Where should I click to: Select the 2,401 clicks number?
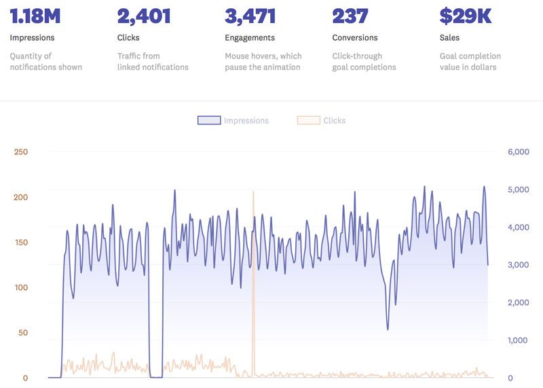[x=145, y=16]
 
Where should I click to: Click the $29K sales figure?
[x=465, y=16]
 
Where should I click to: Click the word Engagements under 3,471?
[x=250, y=38]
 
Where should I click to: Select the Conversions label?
[x=355, y=38]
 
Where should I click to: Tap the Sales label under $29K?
[x=449, y=38]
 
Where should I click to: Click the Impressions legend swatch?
[x=208, y=120]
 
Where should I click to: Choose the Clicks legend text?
[x=334, y=120]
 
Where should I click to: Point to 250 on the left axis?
[x=20, y=152]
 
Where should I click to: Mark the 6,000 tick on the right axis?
[x=518, y=152]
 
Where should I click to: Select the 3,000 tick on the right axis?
[x=518, y=265]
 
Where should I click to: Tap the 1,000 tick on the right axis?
[x=518, y=340]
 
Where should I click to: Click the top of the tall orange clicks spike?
[x=253, y=192]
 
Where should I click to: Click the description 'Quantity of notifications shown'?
[x=45, y=61]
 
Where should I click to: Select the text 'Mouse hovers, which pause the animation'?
[x=263, y=61]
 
